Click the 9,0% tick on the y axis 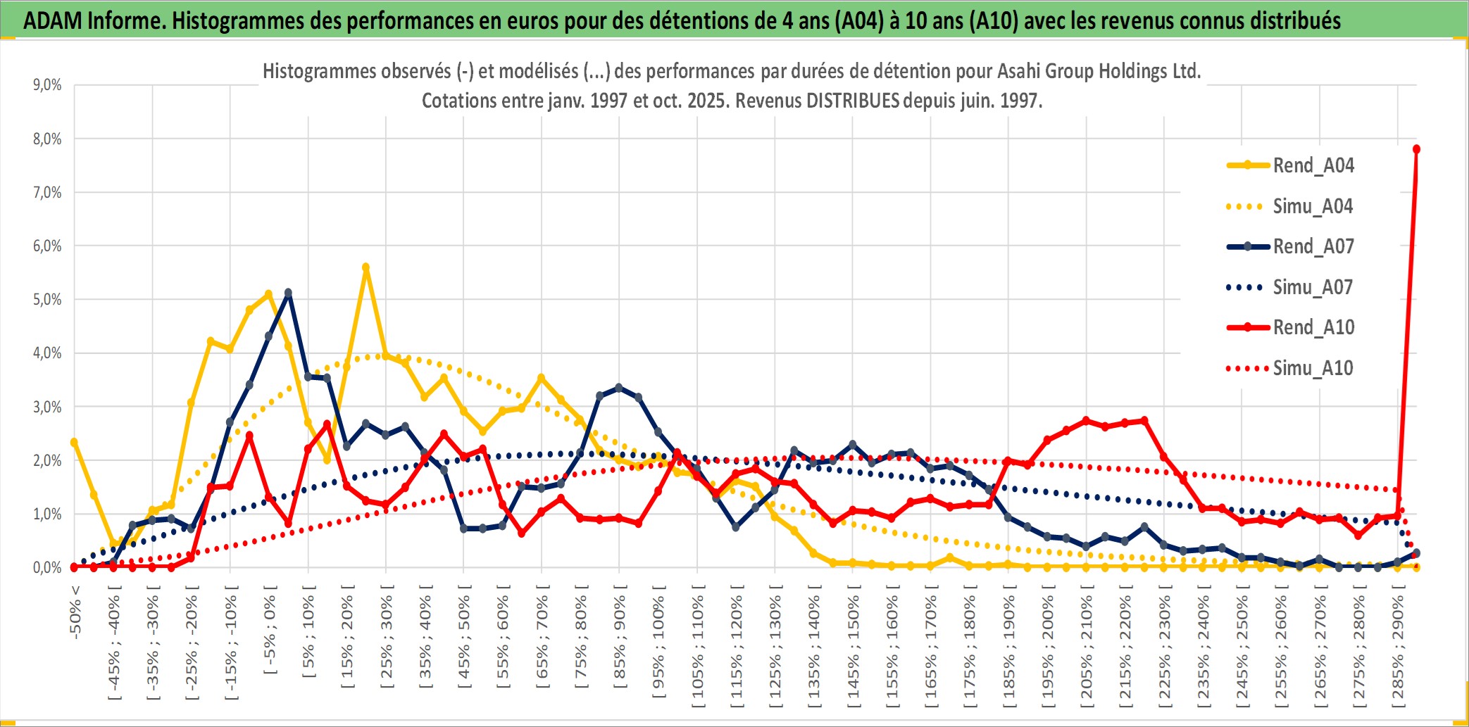pyautogui.click(x=47, y=85)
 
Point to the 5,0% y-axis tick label pyautogui.click(x=47, y=300)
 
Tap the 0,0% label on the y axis pyautogui.click(x=47, y=567)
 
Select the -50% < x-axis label pyautogui.click(x=75, y=612)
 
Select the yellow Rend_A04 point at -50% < pyautogui.click(x=74, y=442)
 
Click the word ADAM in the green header pyautogui.click(x=53, y=21)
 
